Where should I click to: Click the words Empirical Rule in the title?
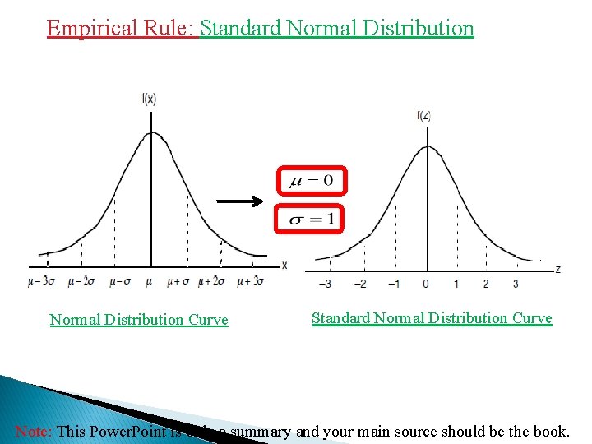tap(120, 28)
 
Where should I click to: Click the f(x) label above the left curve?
tap(149, 99)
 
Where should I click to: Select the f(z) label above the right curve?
tap(424, 116)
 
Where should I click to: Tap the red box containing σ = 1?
tap(309, 219)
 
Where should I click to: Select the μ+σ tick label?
tap(178, 281)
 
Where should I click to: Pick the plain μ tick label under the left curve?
tap(148, 281)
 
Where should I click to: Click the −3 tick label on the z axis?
tap(325, 284)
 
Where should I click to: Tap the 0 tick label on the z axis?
tap(425, 284)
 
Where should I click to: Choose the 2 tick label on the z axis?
tap(485, 284)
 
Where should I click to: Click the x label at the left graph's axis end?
tap(284, 266)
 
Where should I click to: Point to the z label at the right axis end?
tap(558, 269)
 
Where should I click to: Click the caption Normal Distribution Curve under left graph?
tap(139, 320)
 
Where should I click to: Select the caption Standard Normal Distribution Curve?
tap(432, 318)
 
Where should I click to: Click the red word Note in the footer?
tap(33, 431)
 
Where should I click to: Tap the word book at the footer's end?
tap(551, 431)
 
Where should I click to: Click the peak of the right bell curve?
tap(427, 146)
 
